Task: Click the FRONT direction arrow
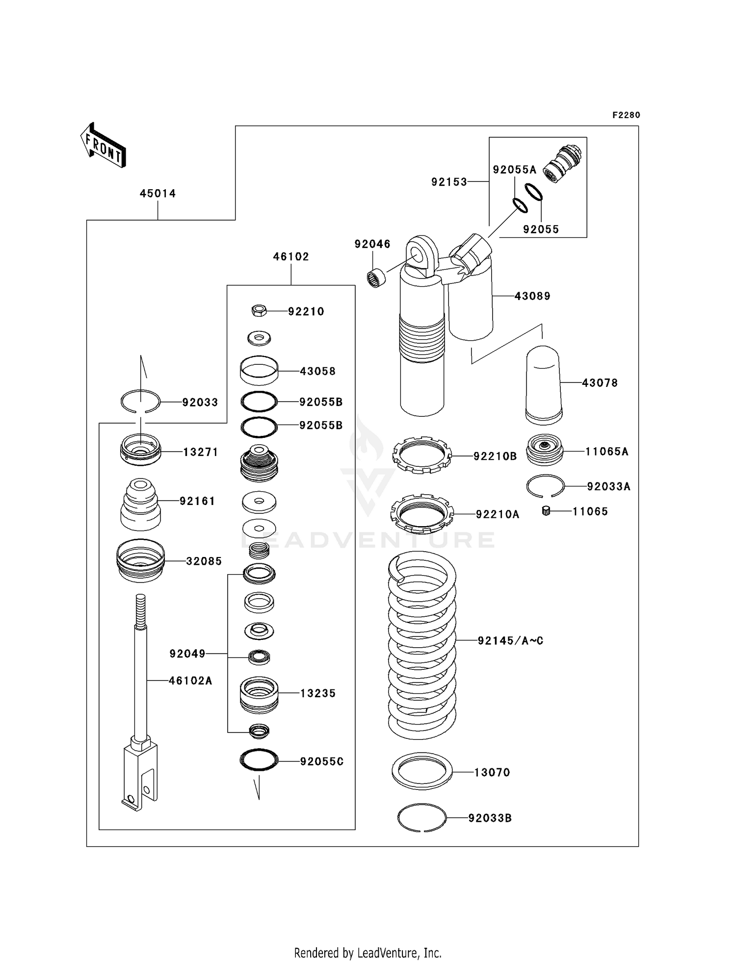(x=103, y=145)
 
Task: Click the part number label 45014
(x=158, y=193)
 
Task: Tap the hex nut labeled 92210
(x=259, y=310)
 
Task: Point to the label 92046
(x=372, y=244)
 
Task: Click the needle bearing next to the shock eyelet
(x=376, y=278)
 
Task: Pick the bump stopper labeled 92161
(x=140, y=505)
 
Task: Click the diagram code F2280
(x=626, y=115)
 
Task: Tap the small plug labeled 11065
(x=546, y=511)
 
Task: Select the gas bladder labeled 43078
(x=544, y=385)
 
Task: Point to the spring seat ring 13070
(x=422, y=771)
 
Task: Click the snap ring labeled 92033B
(x=422, y=818)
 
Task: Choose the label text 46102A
(x=190, y=680)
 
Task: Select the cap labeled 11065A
(x=545, y=450)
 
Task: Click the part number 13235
(x=318, y=693)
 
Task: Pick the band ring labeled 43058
(x=259, y=371)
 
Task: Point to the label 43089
(x=532, y=296)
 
